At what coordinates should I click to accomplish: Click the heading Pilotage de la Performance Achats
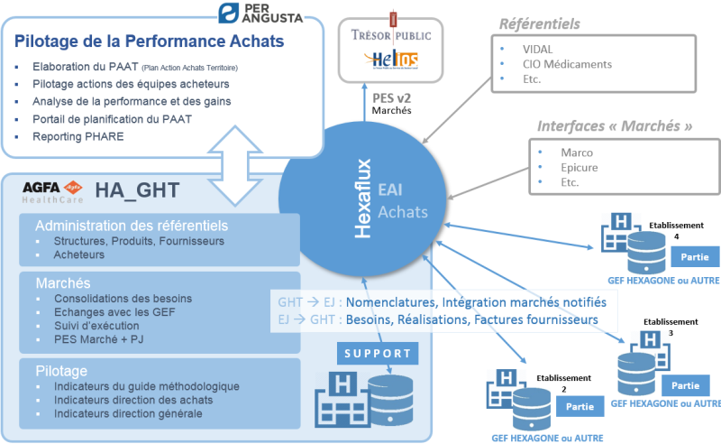[x=150, y=41]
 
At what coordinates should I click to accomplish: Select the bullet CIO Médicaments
[x=567, y=64]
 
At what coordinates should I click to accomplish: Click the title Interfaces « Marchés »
[x=615, y=125]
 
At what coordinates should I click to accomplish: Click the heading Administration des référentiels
[x=132, y=226]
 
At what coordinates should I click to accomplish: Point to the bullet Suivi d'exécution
[x=96, y=326]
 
